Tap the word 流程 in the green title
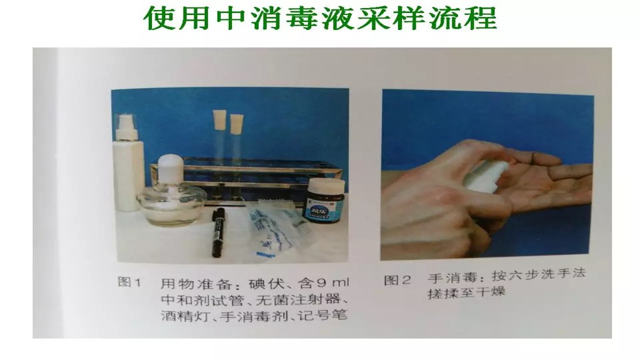465,19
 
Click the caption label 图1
129,283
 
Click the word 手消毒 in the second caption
447,276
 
